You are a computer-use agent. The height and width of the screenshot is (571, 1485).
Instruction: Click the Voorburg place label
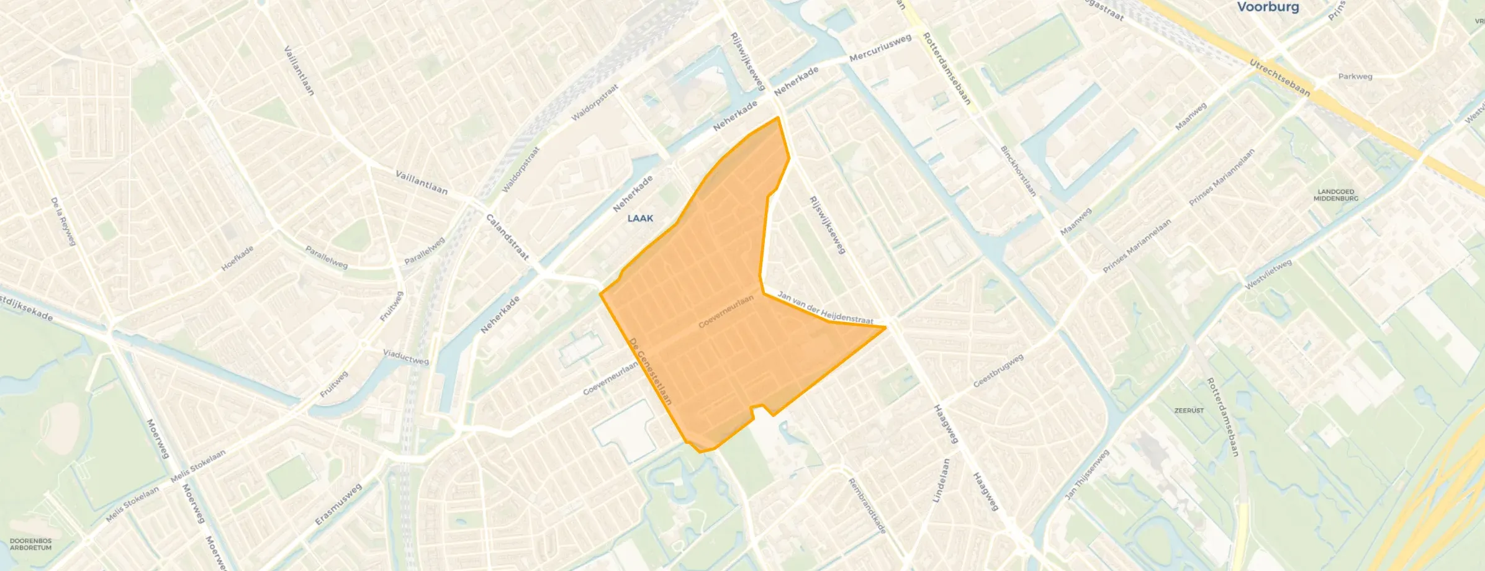click(x=1268, y=7)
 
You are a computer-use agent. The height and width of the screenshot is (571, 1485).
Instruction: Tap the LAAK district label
click(x=640, y=218)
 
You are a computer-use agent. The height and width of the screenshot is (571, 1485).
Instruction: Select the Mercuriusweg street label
click(x=880, y=48)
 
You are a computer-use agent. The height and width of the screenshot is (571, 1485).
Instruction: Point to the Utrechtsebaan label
click(x=1280, y=78)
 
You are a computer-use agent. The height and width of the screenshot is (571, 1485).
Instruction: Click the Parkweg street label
click(x=1355, y=76)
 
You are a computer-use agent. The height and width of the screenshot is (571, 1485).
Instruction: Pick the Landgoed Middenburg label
click(x=1335, y=195)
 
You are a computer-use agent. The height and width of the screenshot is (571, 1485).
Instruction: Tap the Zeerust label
click(x=1189, y=410)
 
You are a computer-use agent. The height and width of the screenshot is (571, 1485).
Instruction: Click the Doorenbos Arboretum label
click(x=30, y=544)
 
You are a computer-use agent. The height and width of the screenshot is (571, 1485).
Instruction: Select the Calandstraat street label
click(x=507, y=237)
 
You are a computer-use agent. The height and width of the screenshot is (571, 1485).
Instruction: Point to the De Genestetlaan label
click(x=650, y=371)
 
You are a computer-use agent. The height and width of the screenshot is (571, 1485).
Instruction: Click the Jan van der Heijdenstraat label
click(x=825, y=308)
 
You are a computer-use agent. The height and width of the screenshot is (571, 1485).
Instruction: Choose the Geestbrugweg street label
click(x=998, y=371)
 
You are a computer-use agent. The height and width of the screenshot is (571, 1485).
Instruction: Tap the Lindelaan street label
click(x=941, y=480)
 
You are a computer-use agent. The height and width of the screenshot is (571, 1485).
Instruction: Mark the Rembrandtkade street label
click(x=867, y=506)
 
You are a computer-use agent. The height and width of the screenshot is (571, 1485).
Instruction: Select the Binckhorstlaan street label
click(x=1018, y=171)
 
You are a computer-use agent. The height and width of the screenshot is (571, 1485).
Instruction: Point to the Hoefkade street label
click(x=238, y=259)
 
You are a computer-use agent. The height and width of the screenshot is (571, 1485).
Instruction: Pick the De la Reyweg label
click(x=63, y=221)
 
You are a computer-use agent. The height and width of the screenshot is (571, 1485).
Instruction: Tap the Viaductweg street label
click(x=405, y=356)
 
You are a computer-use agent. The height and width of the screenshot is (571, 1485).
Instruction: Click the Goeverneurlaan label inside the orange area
click(x=726, y=312)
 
